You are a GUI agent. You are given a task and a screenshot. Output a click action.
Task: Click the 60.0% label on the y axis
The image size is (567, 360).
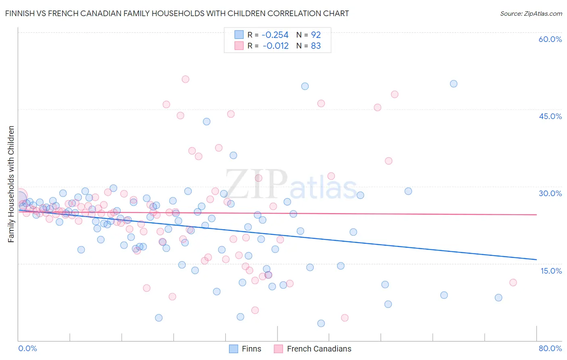(550, 39)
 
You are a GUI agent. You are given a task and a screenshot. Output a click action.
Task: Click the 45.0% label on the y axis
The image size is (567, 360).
(550, 116)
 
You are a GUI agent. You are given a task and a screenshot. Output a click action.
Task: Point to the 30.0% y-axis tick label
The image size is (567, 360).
(550, 193)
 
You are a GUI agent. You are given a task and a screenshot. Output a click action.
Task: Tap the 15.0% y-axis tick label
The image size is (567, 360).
(551, 270)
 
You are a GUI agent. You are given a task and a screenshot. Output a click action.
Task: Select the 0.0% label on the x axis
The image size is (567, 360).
(27, 348)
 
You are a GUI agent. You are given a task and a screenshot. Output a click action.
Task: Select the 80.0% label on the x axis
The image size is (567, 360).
(550, 348)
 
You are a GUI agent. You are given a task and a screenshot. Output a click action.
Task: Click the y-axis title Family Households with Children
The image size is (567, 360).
(11, 184)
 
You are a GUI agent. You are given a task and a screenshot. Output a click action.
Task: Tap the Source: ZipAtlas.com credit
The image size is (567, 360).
(531, 13)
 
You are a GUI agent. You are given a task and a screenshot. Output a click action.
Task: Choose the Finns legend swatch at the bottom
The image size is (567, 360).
(233, 349)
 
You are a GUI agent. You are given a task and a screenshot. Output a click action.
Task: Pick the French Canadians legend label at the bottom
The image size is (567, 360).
(319, 349)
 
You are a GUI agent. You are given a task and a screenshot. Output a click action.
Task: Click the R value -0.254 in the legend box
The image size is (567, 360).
(275, 35)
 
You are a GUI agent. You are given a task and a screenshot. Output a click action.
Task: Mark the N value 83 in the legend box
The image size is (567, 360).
(316, 46)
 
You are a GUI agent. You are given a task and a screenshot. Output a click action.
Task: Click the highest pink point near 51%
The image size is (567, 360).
(186, 79)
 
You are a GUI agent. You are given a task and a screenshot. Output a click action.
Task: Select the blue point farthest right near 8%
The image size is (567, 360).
(498, 297)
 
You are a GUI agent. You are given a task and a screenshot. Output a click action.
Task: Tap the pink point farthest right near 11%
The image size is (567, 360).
(513, 283)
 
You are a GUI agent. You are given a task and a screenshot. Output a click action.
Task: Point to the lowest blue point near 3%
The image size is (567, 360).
(321, 323)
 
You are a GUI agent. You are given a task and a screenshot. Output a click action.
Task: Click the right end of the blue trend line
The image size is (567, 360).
(536, 259)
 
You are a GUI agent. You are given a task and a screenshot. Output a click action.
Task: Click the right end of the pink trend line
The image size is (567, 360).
(536, 215)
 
